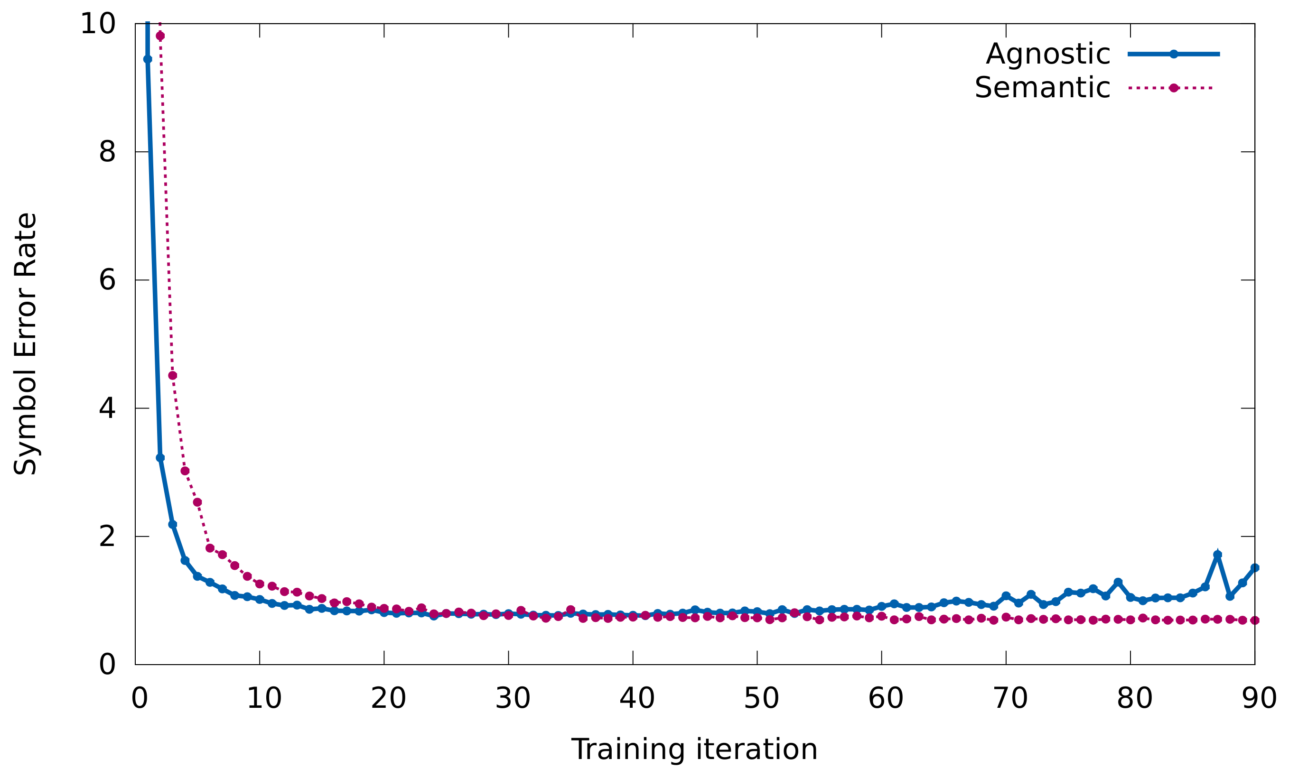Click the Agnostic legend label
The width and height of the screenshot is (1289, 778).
(x=1047, y=55)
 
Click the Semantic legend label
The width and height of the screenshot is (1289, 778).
(x=1042, y=88)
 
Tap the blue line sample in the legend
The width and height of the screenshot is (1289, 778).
(x=1173, y=55)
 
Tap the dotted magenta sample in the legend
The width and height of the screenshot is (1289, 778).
(x=1173, y=88)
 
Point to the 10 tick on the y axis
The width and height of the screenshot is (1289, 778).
(x=98, y=24)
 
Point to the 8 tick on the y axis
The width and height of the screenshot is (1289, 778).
(x=107, y=152)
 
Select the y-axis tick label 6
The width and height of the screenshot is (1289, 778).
(x=107, y=280)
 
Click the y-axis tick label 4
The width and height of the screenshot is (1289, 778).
(x=107, y=408)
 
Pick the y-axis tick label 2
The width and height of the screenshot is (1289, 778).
(x=107, y=537)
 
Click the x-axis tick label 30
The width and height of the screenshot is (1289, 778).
(x=513, y=698)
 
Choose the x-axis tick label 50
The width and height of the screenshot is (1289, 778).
(x=761, y=698)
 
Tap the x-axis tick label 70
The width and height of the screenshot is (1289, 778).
(x=1010, y=698)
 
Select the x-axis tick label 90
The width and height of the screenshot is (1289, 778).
(x=1259, y=698)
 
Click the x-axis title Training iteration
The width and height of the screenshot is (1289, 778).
(x=694, y=750)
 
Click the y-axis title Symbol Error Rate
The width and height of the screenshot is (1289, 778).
(x=25, y=343)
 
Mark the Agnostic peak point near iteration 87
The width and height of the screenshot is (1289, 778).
(x=1217, y=555)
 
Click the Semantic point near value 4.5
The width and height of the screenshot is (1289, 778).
(x=173, y=375)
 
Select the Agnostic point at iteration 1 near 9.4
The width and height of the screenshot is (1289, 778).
(x=148, y=59)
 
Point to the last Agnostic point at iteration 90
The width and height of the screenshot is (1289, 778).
(x=1254, y=568)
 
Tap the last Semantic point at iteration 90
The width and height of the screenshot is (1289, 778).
(x=1254, y=620)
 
